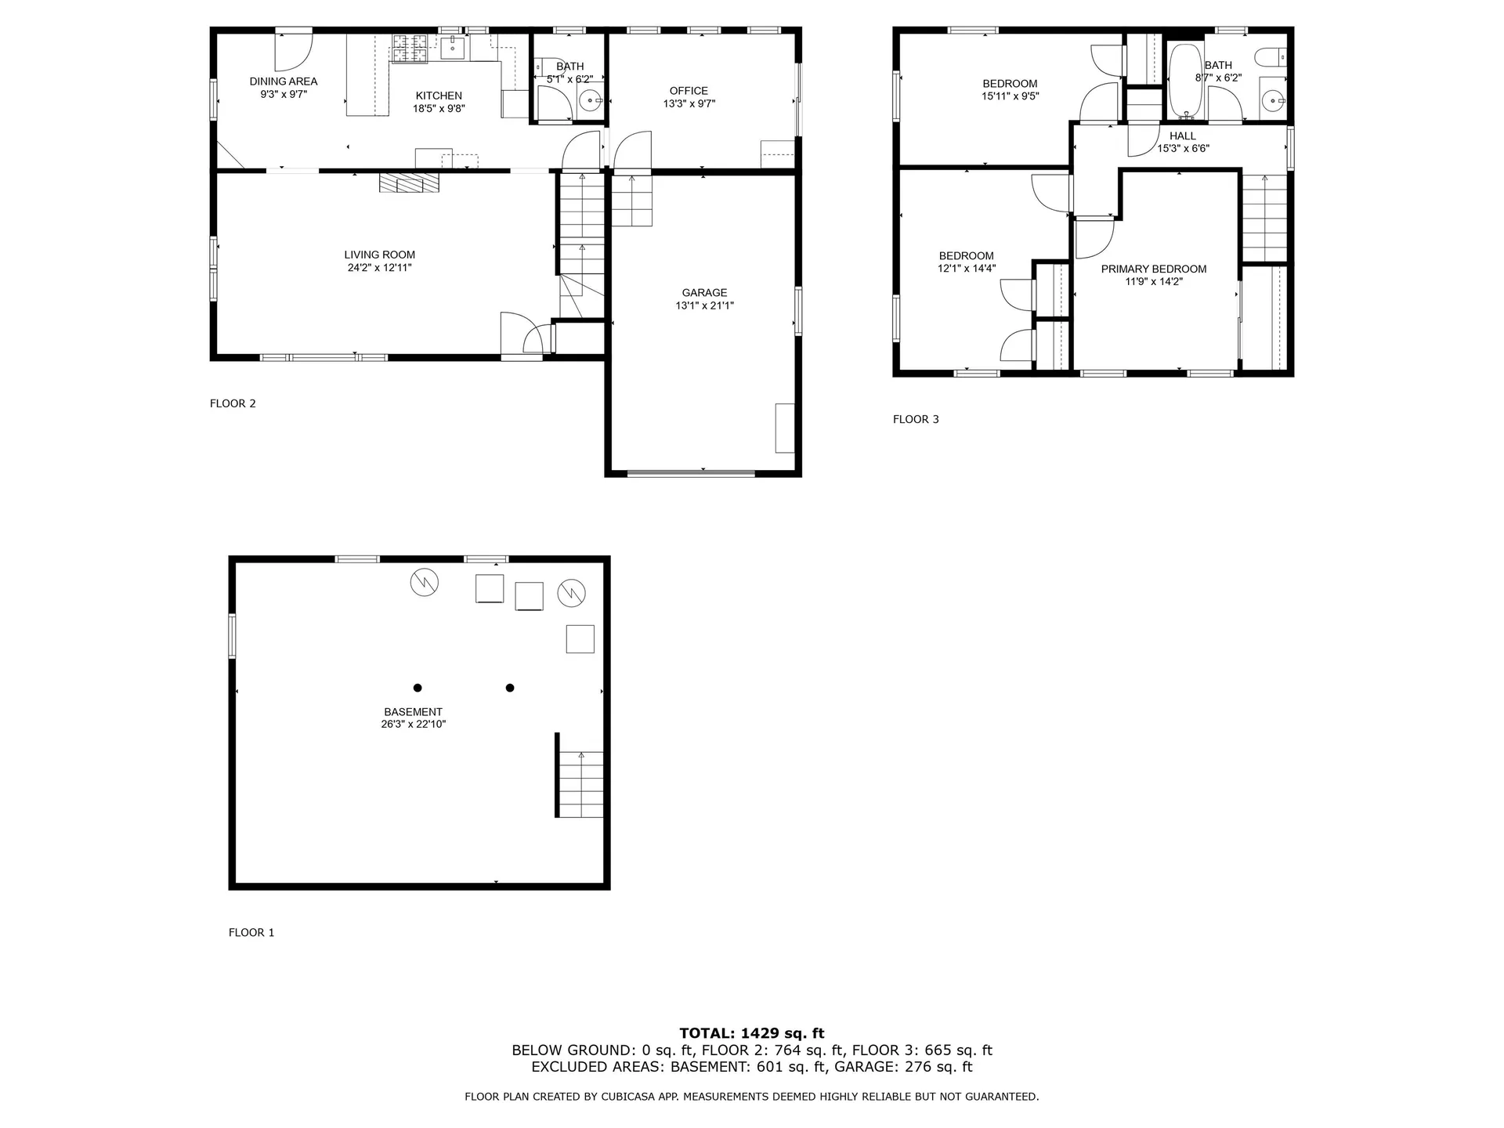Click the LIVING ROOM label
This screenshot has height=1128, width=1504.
(379, 255)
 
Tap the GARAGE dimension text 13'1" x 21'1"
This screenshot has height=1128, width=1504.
(704, 305)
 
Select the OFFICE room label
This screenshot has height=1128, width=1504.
(689, 91)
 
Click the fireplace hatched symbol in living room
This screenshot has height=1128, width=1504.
(409, 183)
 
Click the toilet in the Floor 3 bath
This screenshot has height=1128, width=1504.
(1270, 57)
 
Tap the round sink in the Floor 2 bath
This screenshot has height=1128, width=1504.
(591, 99)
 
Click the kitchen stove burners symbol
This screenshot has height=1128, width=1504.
(410, 49)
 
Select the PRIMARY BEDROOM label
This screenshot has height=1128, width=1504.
(1153, 269)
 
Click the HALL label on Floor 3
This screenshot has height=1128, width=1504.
(1182, 136)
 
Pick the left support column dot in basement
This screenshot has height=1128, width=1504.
(418, 688)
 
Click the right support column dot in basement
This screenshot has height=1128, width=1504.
(510, 688)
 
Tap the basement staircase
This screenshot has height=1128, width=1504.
(581, 783)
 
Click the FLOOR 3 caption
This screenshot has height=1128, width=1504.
(916, 419)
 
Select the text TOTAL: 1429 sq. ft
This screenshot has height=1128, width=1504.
(751, 1033)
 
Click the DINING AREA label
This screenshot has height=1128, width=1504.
(283, 81)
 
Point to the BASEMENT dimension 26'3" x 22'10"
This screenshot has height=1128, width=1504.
(413, 725)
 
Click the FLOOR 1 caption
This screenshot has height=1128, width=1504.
(251, 932)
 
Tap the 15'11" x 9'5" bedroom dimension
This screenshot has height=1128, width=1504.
(1010, 96)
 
